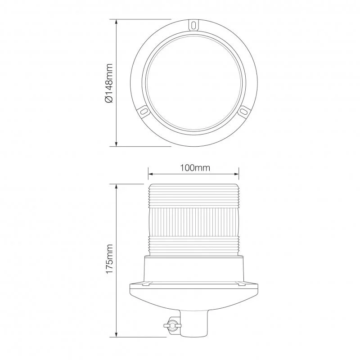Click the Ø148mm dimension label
pos(109,83)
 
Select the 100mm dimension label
pos(195,168)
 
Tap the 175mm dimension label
pos(109,259)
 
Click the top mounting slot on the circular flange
pos(193,25)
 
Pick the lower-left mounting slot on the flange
pos(144,111)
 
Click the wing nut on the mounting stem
pos(172,325)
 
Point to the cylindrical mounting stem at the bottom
pos(193,323)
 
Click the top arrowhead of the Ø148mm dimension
pos(117,22)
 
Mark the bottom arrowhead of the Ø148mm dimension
pos(117,144)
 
